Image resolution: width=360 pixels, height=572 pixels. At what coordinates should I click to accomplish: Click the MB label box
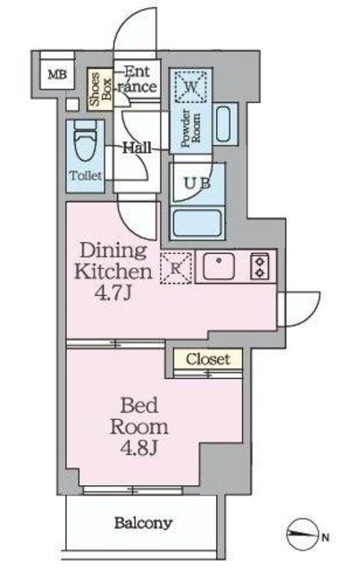point(57,74)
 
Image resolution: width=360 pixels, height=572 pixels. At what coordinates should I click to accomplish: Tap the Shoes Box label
point(100,89)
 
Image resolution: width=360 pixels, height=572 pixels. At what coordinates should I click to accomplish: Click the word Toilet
point(86,176)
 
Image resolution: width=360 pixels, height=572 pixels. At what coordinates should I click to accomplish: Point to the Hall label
point(138,147)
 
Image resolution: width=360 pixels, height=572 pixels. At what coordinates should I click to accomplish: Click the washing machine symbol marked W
point(191,87)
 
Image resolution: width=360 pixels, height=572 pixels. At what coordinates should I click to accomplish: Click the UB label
point(197,183)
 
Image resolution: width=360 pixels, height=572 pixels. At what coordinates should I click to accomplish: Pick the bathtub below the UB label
point(197,223)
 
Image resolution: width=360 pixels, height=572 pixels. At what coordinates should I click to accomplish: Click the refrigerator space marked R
point(176,268)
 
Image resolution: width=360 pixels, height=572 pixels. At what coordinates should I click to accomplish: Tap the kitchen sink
point(219,266)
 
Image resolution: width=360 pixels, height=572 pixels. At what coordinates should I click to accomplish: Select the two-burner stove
point(260,266)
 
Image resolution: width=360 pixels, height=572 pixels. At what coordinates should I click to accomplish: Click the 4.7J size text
point(113,293)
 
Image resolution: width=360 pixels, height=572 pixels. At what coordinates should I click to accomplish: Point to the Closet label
point(208,359)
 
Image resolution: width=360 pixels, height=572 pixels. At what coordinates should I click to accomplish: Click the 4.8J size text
point(138,448)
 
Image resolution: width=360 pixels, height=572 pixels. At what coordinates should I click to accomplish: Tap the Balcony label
point(143,523)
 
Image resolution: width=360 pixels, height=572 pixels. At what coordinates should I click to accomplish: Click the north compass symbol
point(302,535)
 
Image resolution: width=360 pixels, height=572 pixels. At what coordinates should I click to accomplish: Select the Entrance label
point(137,80)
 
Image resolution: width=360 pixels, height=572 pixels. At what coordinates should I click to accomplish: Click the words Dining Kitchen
point(113,261)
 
